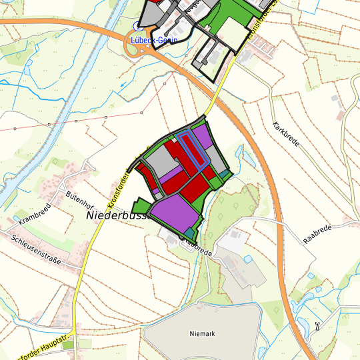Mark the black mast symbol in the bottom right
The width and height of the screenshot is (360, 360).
(x=317, y=326)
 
